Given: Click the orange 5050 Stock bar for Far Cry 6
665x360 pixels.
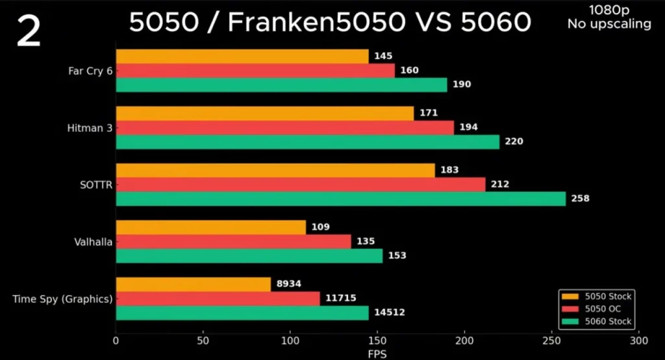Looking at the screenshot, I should (x=242, y=57).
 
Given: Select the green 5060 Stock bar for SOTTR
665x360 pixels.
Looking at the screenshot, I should (x=340, y=199).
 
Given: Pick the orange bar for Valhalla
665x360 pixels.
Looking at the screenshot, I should (x=210, y=227).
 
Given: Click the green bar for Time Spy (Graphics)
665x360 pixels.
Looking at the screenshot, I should (x=242, y=313).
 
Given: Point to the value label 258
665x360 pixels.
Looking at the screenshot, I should (x=580, y=199).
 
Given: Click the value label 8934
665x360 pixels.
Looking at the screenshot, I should (x=288, y=284).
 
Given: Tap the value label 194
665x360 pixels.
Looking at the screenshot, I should (x=468, y=127).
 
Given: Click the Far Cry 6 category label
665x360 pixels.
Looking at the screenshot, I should (x=90, y=71).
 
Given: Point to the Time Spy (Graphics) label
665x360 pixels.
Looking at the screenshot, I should (x=62, y=299).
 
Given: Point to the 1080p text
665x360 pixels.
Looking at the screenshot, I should (x=609, y=10).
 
